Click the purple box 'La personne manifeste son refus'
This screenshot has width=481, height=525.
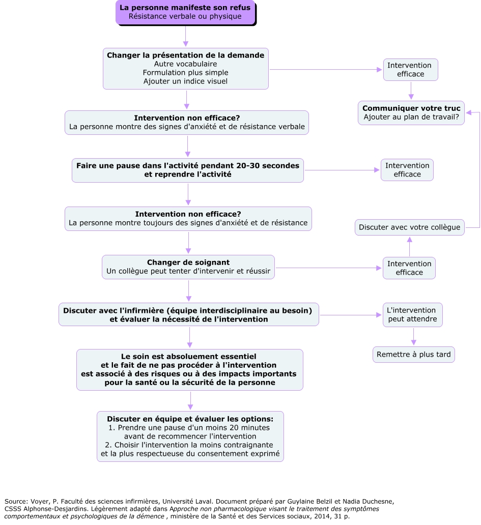(185, 12)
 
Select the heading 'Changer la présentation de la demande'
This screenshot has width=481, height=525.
(185, 55)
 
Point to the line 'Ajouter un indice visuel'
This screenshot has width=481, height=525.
(185, 81)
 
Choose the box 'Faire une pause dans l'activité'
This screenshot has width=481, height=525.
(188, 170)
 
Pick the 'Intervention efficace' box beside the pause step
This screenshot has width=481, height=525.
(407, 170)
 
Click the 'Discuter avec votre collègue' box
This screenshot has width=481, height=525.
(409, 227)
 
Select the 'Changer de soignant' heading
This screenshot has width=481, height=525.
(188, 262)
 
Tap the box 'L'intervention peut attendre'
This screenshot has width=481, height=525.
(412, 315)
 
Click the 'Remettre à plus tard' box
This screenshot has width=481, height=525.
(413, 354)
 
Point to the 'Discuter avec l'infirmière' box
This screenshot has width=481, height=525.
(188, 314)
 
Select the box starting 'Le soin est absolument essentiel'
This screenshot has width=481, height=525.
(189, 369)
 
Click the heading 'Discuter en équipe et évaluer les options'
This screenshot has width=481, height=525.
(190, 419)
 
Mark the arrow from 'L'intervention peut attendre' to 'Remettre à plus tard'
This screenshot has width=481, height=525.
(413, 337)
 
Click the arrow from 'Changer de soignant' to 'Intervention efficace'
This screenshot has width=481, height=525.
(328, 268)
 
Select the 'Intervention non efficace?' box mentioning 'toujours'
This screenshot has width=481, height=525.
(188, 218)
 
